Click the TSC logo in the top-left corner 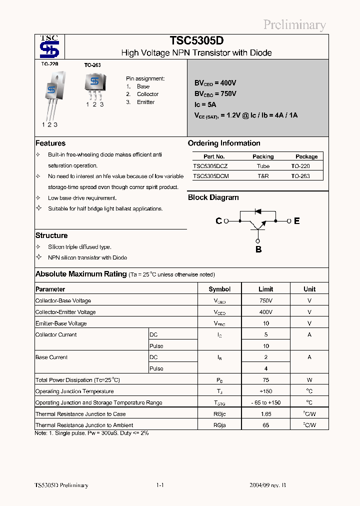point(49,46)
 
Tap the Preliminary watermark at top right point(294,24)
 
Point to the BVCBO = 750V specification point(215,93)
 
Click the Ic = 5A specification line point(205,104)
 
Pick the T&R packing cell point(263,176)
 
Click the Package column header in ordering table point(306,156)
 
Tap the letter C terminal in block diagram point(218,221)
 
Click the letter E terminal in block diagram point(297,221)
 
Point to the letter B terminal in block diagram point(258,249)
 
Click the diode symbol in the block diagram point(258,211)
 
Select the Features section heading point(50,143)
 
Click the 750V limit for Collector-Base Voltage point(265,300)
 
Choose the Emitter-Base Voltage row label point(61,323)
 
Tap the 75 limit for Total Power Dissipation point(265,380)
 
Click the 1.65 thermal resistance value point(265,414)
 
